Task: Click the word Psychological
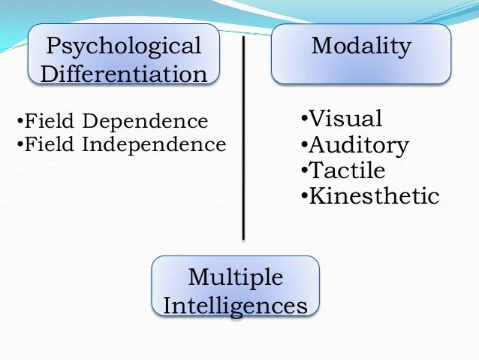pos(124,47)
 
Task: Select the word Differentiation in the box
pos(124,74)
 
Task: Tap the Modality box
pos(361,54)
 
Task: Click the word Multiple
pos(236,277)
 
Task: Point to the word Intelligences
pos(236,306)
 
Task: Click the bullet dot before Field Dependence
pos(20,122)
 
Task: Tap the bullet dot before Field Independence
pos(20,144)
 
